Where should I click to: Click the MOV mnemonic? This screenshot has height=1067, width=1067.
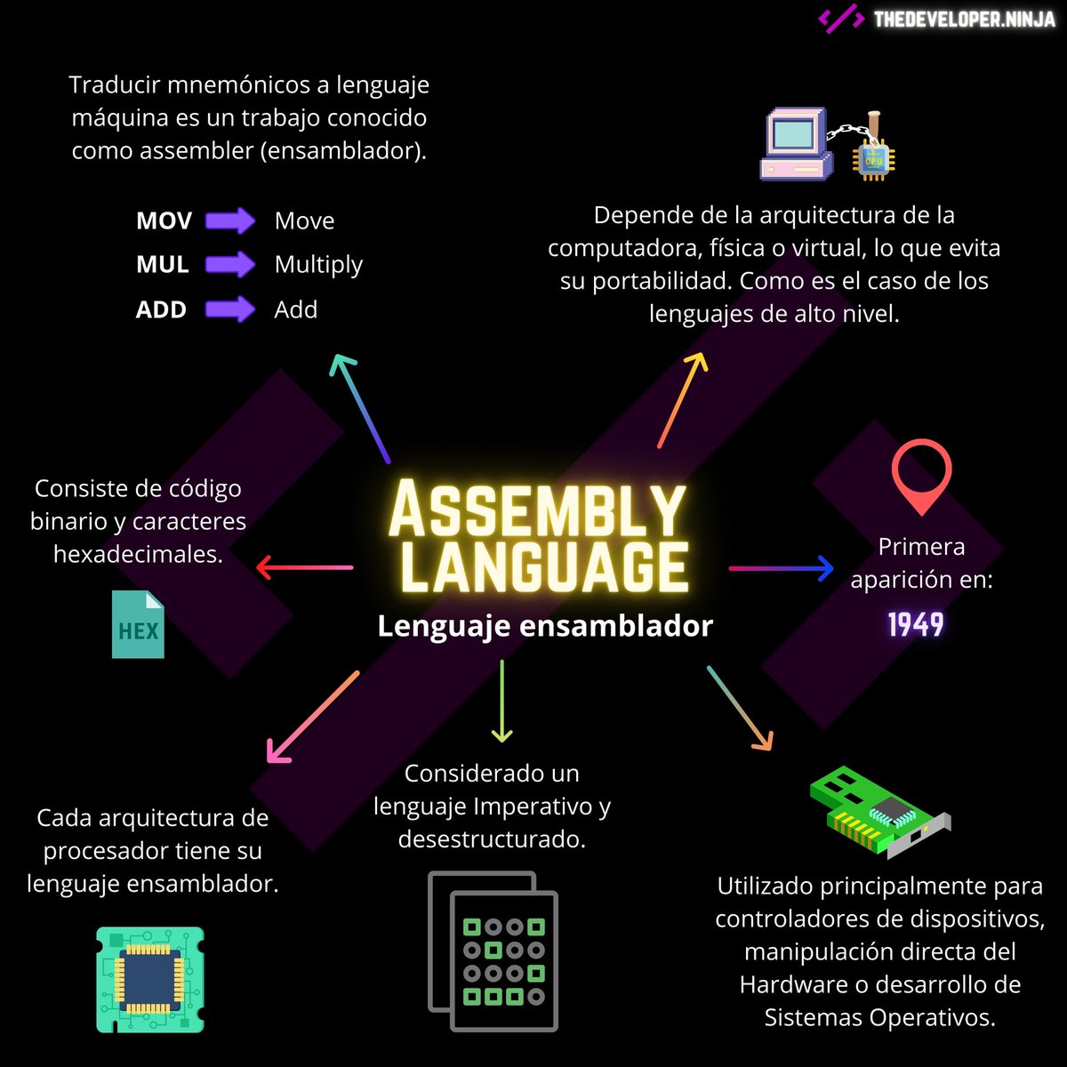[164, 221]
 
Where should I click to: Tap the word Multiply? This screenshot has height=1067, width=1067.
[318, 265]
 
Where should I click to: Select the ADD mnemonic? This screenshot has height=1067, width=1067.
[161, 309]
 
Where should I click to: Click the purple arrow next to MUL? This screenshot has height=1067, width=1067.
[230, 264]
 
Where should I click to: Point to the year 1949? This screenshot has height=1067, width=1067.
[916, 625]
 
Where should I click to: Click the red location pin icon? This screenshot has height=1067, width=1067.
[921, 475]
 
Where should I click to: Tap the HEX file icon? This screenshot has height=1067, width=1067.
[139, 625]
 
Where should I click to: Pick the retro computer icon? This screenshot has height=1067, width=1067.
[796, 144]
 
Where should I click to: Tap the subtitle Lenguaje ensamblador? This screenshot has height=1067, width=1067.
[545, 626]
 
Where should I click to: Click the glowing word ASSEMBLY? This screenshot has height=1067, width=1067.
[537, 510]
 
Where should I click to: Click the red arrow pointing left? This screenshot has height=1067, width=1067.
[304, 567]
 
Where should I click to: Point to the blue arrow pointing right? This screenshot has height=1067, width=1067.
[782, 567]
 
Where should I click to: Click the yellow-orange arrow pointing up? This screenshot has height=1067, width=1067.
[682, 399]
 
